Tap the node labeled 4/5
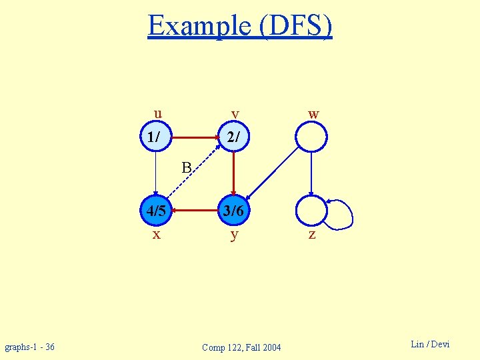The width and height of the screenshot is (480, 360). [x=155, y=211]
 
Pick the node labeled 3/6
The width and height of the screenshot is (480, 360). [x=234, y=211]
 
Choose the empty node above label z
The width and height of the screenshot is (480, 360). [x=311, y=211]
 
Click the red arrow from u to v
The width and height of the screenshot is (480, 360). [x=195, y=138]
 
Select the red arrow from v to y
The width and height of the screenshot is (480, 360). [x=234, y=175]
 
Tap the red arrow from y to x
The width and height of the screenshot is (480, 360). [x=195, y=211]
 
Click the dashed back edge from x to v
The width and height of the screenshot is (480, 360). [x=195, y=174]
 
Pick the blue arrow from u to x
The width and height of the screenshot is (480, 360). [x=155, y=175]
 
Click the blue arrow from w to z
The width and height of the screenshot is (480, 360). [x=311, y=175]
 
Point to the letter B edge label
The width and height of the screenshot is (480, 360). [x=187, y=166]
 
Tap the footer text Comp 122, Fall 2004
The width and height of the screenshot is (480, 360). [x=241, y=347]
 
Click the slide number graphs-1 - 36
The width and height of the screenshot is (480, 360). [x=30, y=347]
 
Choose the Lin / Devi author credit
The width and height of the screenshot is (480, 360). [x=430, y=344]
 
